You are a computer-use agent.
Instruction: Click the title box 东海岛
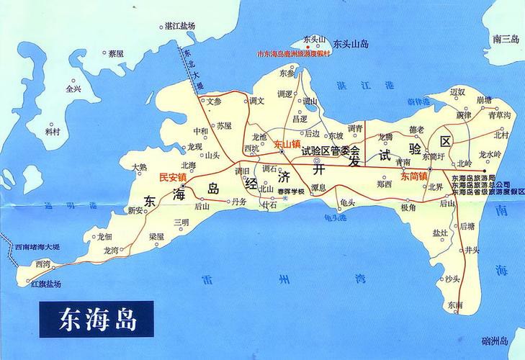87,317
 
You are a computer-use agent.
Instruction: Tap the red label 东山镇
287,144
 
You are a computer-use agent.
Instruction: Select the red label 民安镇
173,176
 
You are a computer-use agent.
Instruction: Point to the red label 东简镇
414,176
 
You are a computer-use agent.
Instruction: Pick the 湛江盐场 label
180,26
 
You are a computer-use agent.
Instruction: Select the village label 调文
257,100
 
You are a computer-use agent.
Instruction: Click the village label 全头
73,89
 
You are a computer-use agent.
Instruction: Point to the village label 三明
181,222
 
